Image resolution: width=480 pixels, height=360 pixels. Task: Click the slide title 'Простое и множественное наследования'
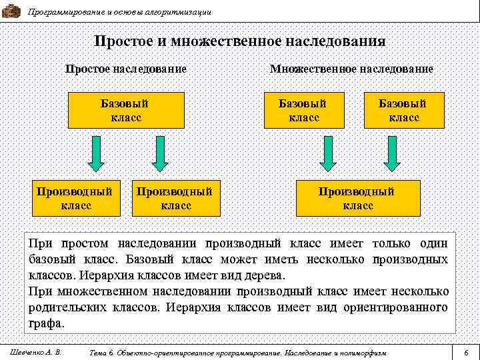tap(239, 41)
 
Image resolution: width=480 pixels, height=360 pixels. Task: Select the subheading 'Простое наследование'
tap(125, 69)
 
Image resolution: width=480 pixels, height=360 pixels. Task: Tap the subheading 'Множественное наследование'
tap(351, 69)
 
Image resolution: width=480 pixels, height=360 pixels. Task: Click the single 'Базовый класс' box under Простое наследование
tap(125, 110)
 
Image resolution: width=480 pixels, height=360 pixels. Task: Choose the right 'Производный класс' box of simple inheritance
tap(175, 198)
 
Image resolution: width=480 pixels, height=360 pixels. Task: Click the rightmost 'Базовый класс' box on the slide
tap(403, 110)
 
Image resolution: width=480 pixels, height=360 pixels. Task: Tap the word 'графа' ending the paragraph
tap(46, 323)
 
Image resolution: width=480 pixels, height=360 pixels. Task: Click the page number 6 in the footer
tap(466, 351)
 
